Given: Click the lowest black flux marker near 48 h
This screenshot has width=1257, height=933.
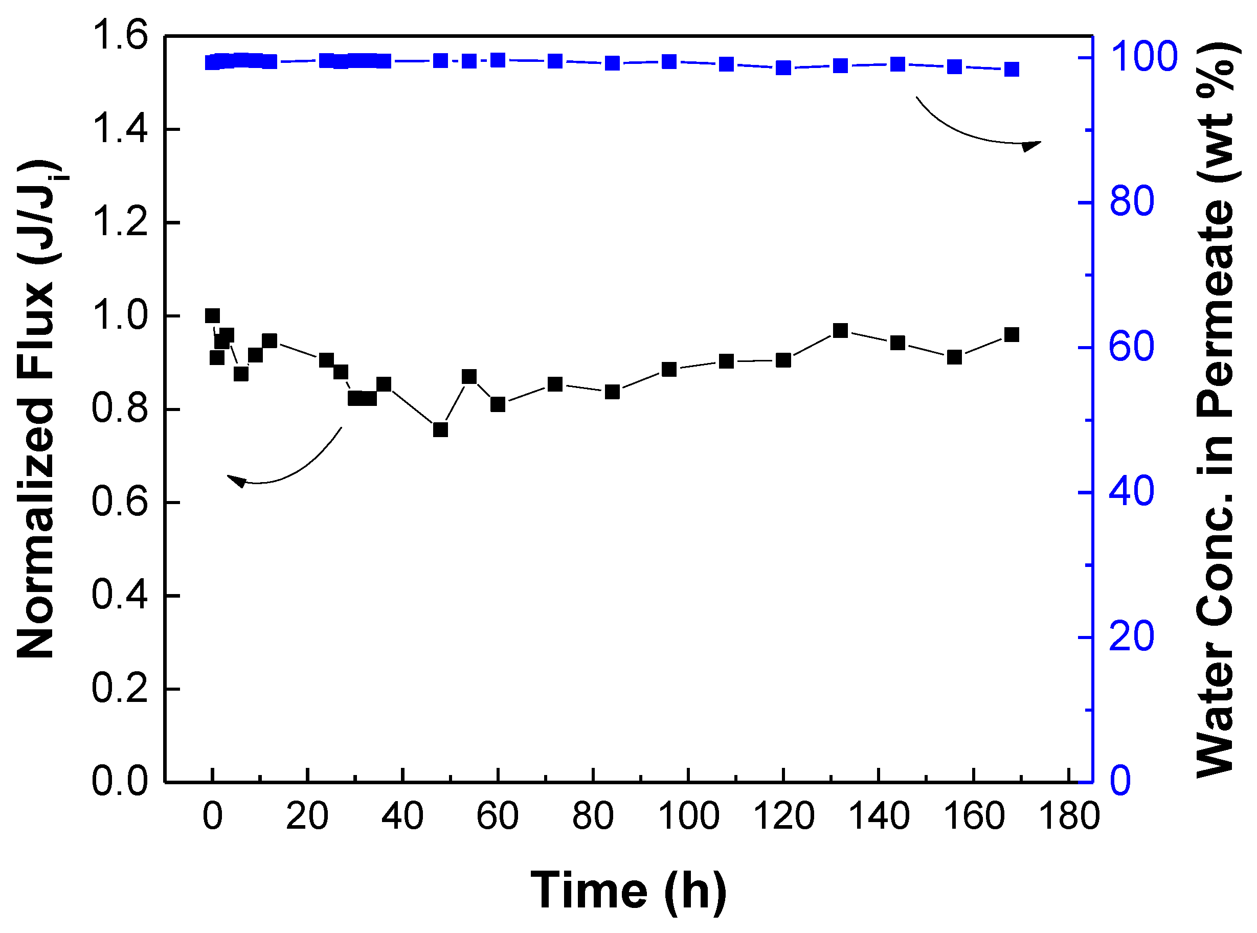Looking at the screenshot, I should (x=440, y=430).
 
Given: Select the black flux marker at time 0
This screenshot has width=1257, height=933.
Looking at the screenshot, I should (x=212, y=316).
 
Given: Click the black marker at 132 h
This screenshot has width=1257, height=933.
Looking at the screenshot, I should (x=840, y=331).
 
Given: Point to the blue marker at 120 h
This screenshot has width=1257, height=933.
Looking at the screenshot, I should (x=783, y=69).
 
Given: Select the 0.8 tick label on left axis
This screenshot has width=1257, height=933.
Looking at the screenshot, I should (x=119, y=409).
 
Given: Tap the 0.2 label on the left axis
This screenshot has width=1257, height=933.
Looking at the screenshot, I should (x=119, y=689).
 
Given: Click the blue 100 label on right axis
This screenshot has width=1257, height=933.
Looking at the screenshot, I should (x=1144, y=57).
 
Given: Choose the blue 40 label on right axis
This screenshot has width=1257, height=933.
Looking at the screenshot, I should (x=1131, y=492).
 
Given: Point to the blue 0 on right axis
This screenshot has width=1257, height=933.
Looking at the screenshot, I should (x=1120, y=782).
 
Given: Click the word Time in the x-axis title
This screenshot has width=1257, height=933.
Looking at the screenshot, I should (x=588, y=890).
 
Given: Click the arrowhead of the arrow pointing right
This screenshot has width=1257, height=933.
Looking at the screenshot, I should (x=1031, y=146).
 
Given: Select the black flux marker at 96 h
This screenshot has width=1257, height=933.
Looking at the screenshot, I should (x=669, y=369).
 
